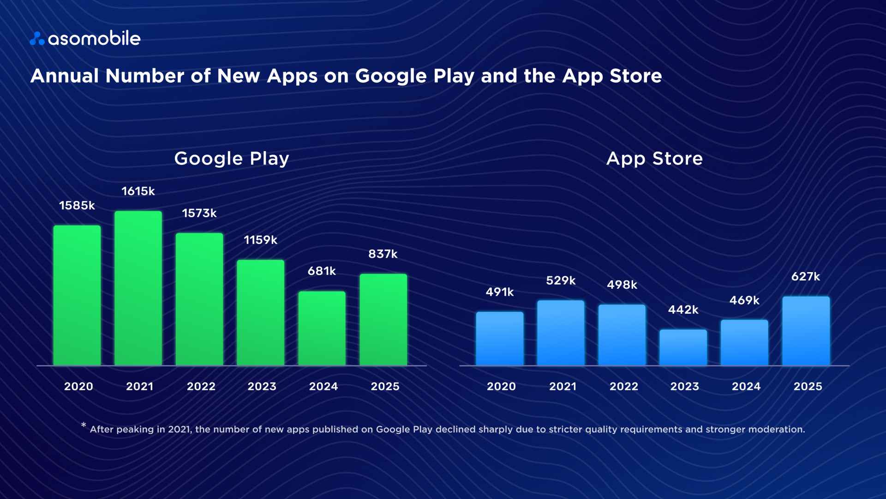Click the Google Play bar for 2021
[138, 288]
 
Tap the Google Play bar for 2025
[383, 320]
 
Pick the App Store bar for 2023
[683, 347]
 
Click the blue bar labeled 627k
[806, 331]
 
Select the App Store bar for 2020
[500, 339]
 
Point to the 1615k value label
[138, 191]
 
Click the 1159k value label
[260, 240]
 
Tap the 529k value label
[561, 280]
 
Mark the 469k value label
[744, 300]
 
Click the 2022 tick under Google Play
[201, 386]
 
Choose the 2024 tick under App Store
[746, 386]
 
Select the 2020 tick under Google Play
[78, 386]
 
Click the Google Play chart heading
[232, 159]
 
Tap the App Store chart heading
[654, 159]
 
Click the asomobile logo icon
[37, 39]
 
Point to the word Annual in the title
[65, 76]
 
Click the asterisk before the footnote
[84, 425]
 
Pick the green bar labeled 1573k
[199, 299]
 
